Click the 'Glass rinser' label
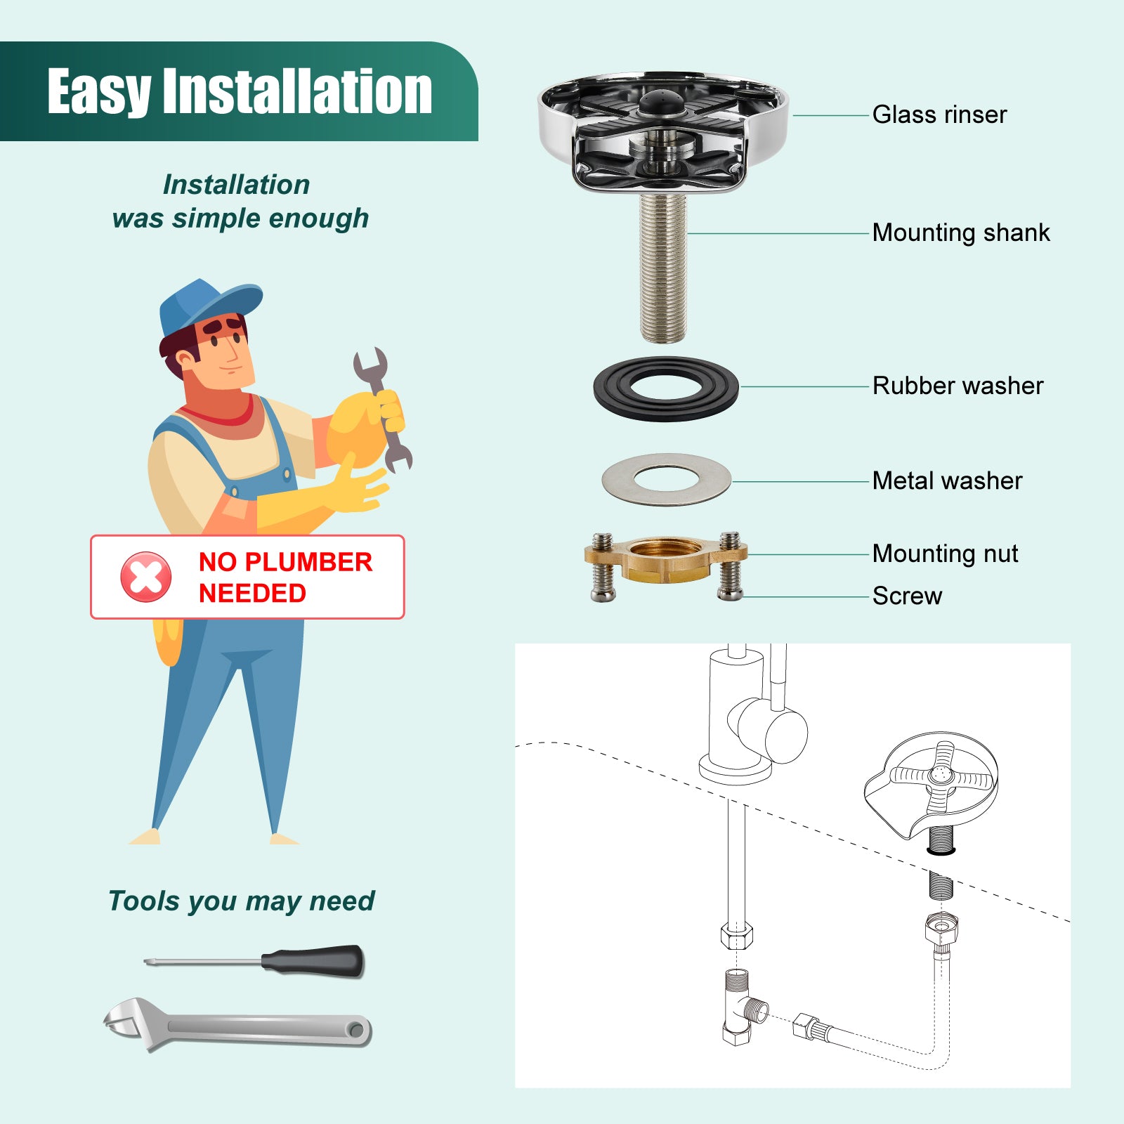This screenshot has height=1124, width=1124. [x=939, y=115]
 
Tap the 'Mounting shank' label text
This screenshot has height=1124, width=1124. [x=961, y=233]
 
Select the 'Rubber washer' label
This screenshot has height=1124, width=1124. [x=958, y=386]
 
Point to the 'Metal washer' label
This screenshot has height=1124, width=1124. [x=947, y=481]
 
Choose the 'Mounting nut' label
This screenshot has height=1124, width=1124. [x=945, y=554]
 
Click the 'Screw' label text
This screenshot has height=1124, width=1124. [x=907, y=596]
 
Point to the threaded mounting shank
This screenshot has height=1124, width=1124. [x=662, y=268]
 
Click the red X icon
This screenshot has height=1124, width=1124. [x=146, y=577]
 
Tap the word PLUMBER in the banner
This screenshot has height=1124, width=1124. [x=308, y=562]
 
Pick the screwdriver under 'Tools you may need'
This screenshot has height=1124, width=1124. [x=254, y=961]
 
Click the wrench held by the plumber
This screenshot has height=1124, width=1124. [x=383, y=410]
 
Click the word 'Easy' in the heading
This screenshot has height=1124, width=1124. [x=99, y=92]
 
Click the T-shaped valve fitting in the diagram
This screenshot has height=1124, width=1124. [x=743, y=1007]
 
